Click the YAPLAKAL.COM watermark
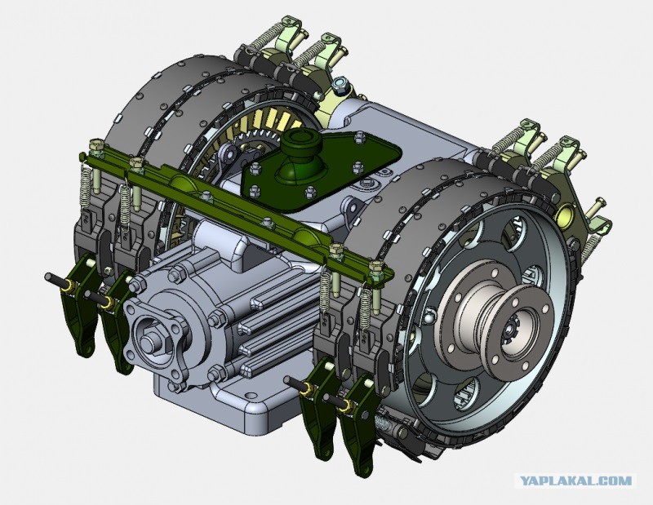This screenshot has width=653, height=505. tap(575, 481)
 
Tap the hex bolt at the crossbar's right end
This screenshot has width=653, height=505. tap(376, 267)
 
